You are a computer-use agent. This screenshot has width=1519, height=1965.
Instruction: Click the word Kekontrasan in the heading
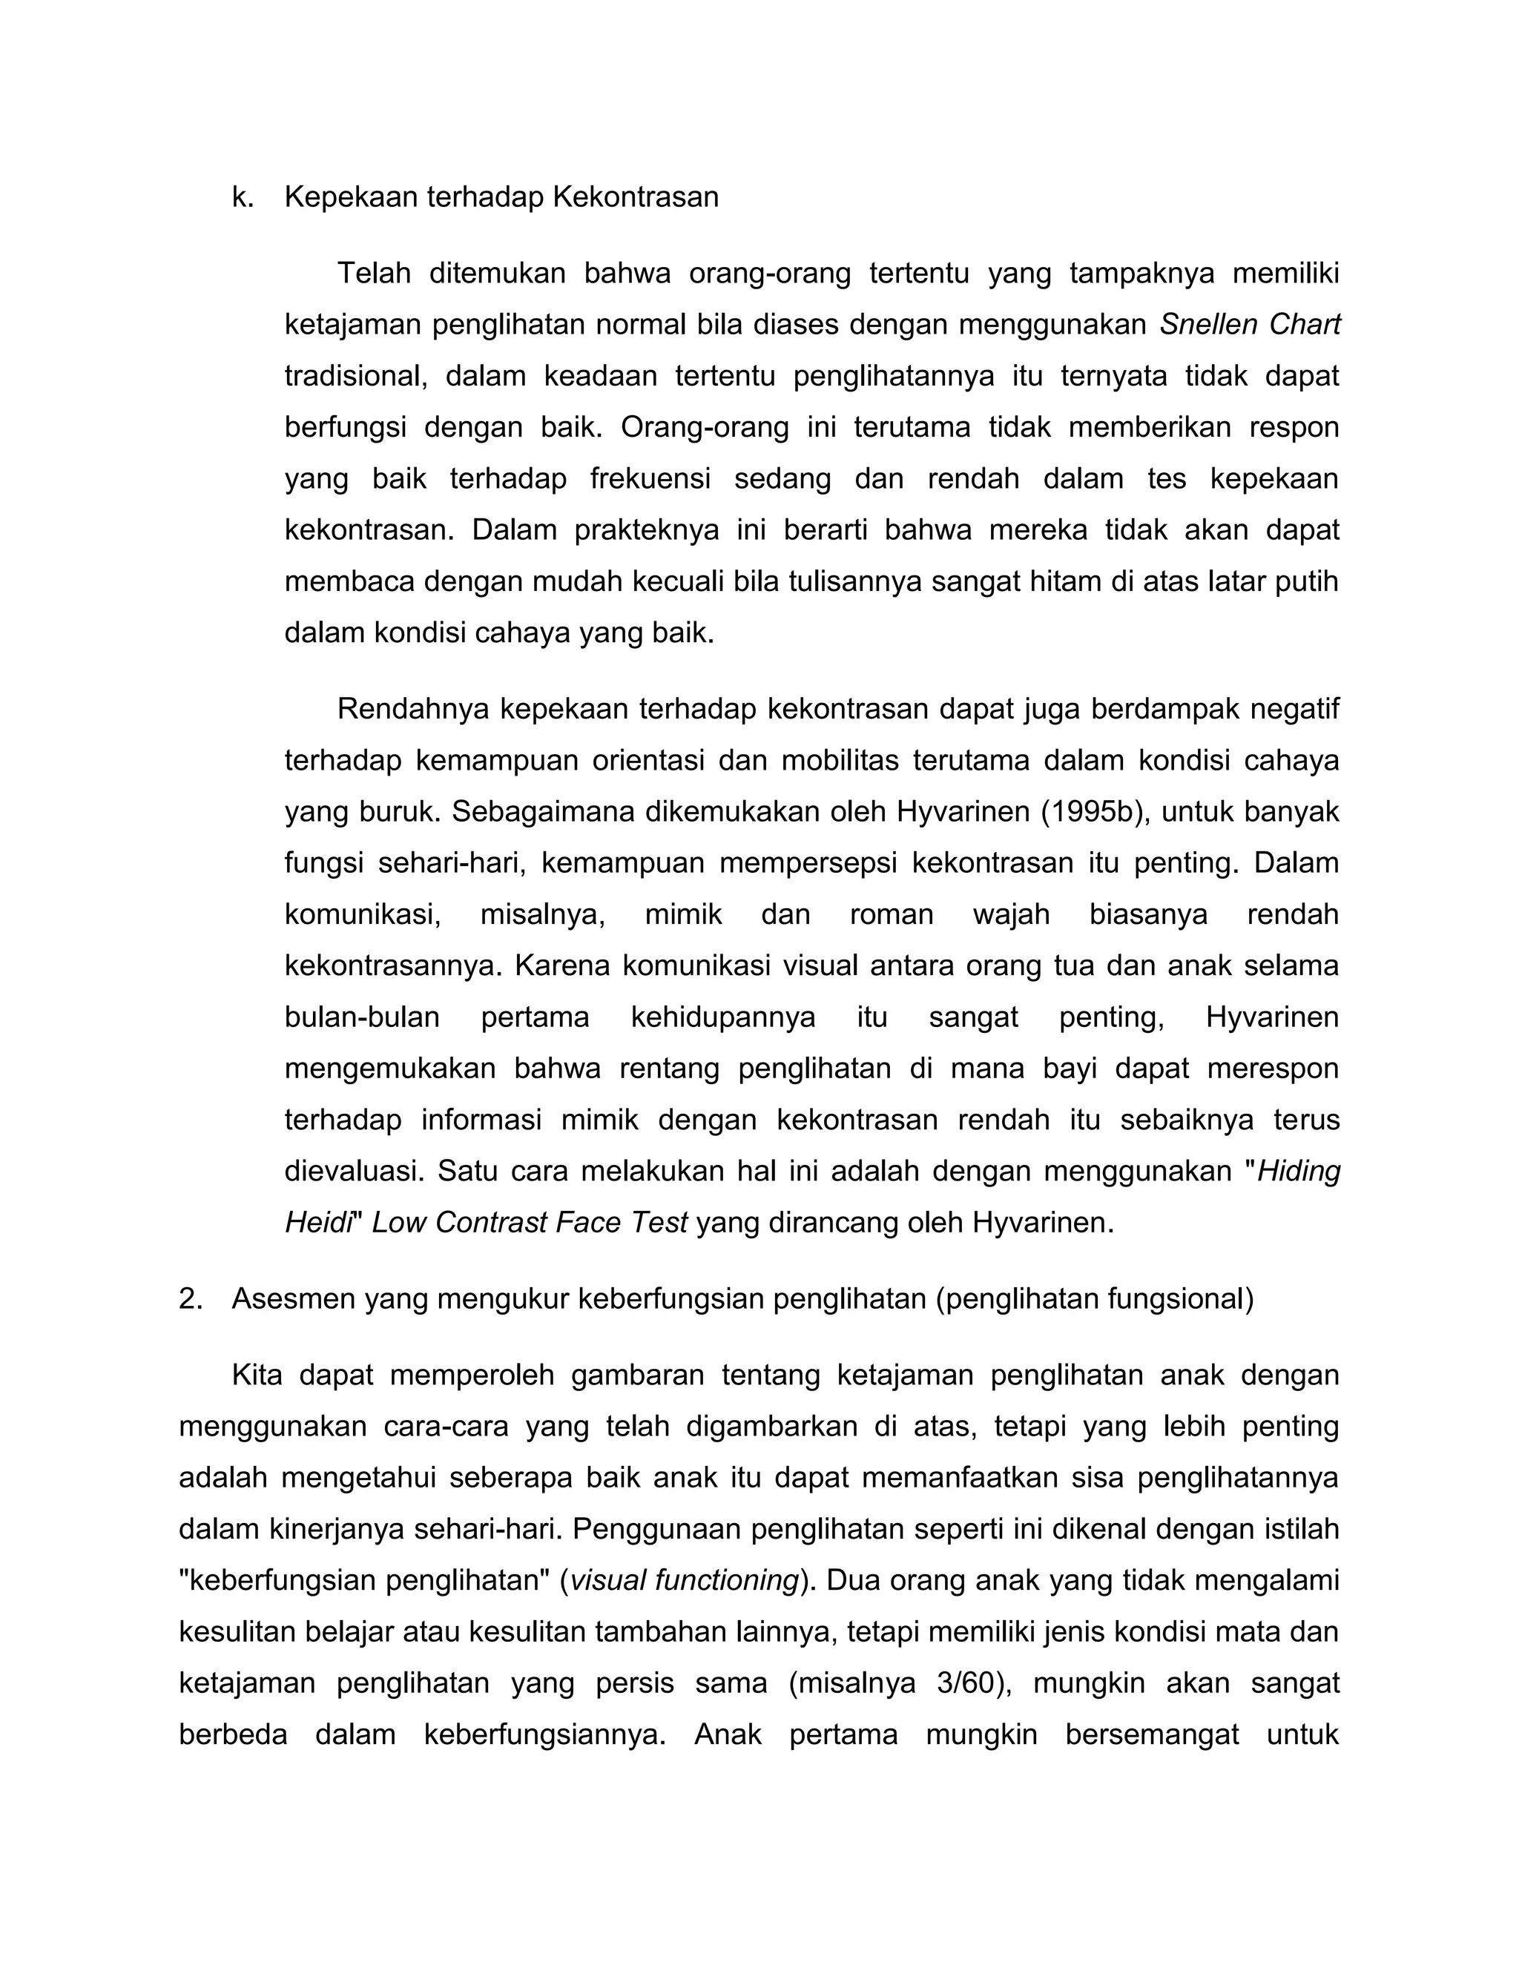636,197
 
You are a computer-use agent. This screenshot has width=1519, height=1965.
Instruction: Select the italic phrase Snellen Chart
1250,324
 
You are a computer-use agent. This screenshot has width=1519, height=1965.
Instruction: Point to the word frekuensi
650,479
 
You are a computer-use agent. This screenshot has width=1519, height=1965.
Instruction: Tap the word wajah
1011,915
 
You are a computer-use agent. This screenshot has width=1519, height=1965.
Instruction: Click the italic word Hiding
1299,1172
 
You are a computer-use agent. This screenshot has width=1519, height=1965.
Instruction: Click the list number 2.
189,1299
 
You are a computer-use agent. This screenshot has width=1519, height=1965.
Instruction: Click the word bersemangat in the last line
1152,1734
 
